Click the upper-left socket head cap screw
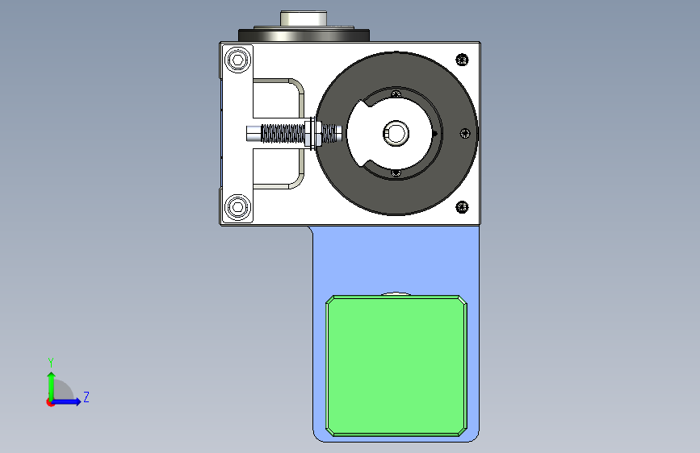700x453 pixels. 238,60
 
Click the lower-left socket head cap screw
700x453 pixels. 238,207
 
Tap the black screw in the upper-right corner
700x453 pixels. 462,60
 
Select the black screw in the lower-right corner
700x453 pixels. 462,207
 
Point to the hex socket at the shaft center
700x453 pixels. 396,133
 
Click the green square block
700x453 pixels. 396,366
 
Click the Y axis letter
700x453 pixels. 51,363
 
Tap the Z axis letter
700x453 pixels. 86,397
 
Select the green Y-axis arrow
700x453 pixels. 52,386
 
